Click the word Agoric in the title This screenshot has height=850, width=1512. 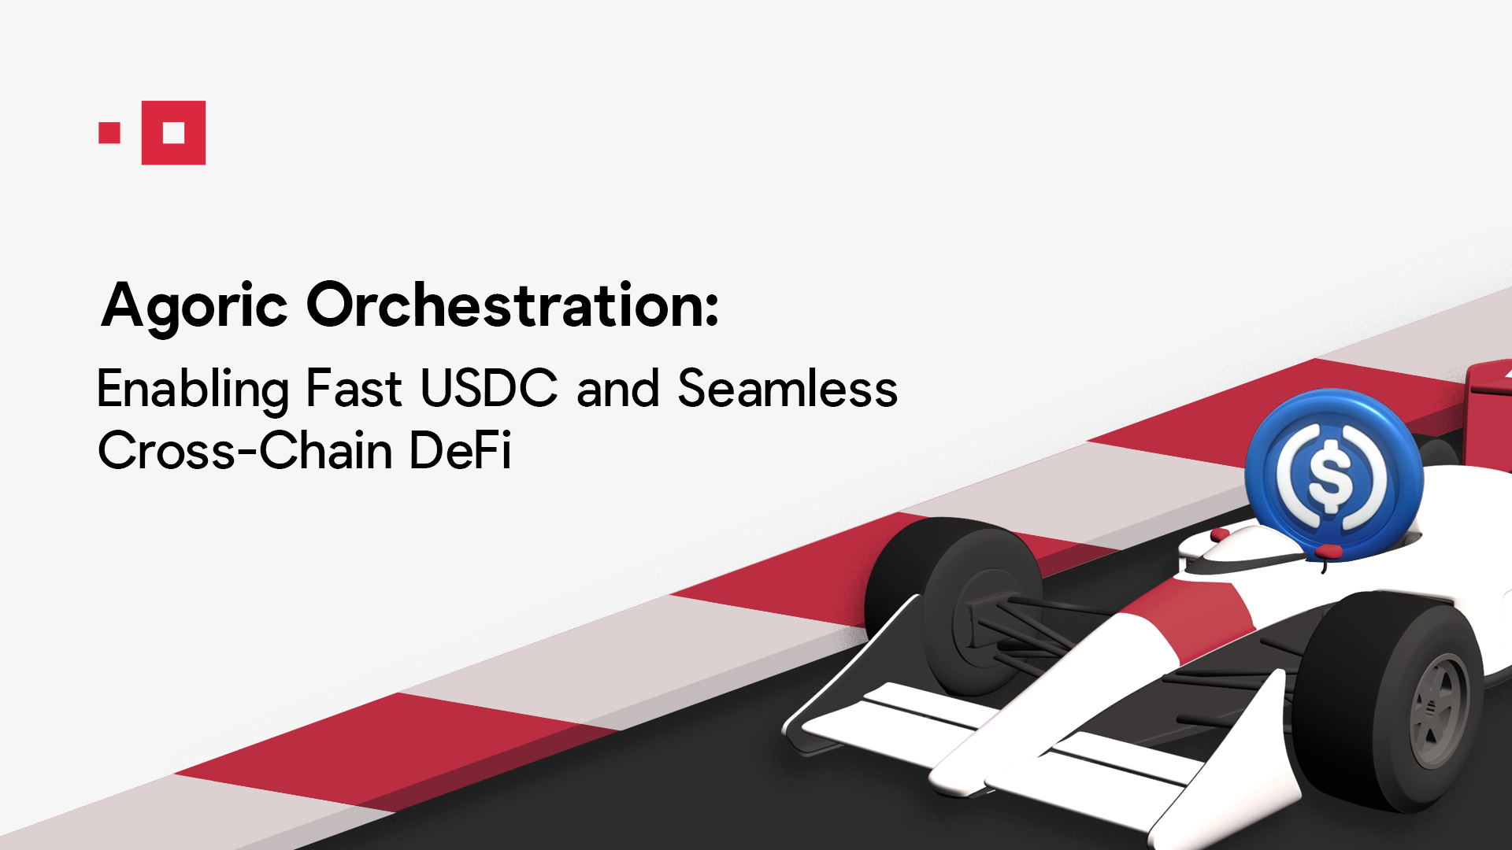[194, 307]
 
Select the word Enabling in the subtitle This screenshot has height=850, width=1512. [192, 389]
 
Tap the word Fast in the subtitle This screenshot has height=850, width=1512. [354, 389]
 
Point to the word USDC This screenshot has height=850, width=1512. [489, 389]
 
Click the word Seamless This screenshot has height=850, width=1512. [787, 389]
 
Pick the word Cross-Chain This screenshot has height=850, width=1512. [245, 451]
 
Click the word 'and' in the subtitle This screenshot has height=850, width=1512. [618, 389]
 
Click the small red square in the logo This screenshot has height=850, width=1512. [109, 133]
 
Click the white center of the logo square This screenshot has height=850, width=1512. [174, 133]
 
